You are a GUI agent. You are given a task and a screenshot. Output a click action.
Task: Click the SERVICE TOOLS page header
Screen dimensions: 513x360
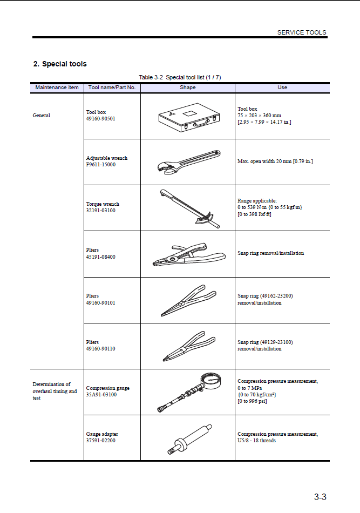pyautogui.click(x=301, y=32)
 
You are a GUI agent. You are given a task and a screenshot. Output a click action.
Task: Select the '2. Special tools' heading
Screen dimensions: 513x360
pyautogui.click(x=60, y=64)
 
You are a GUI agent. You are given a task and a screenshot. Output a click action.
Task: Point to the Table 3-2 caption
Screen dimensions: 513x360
pyautogui.click(x=180, y=77)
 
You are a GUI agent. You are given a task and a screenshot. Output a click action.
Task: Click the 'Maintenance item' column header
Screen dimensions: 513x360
pyautogui.click(x=57, y=87)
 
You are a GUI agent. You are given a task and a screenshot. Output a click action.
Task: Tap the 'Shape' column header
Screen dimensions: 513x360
pyautogui.click(x=187, y=87)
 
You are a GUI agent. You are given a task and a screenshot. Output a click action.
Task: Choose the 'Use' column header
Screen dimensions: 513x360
pyautogui.click(x=282, y=87)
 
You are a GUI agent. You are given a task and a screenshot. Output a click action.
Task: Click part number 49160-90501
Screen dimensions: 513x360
pyautogui.click(x=101, y=119)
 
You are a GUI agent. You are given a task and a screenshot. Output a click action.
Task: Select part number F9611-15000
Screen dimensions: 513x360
pyautogui.click(x=101, y=165)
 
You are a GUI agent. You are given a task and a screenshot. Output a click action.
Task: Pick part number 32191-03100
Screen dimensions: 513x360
pyautogui.click(x=101, y=211)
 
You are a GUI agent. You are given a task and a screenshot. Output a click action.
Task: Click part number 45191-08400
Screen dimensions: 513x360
pyautogui.click(x=101, y=257)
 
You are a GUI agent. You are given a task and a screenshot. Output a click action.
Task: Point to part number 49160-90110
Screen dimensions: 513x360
pyautogui.click(x=101, y=349)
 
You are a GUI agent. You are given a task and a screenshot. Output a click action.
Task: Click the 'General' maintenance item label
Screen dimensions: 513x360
pyautogui.click(x=42, y=116)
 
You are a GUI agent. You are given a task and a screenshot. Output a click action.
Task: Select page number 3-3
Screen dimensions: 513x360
pyautogui.click(x=320, y=497)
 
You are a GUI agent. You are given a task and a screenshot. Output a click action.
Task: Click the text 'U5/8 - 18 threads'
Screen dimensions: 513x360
pyautogui.click(x=257, y=441)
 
